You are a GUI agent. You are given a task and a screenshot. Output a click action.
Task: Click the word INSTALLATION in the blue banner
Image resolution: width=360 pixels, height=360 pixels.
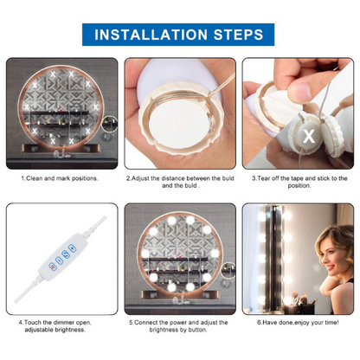click(x=151, y=35)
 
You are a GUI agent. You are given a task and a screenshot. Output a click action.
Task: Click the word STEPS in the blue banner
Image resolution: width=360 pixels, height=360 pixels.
click(x=238, y=35)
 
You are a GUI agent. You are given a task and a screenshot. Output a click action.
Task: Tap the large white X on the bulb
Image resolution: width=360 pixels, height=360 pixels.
click(x=309, y=136)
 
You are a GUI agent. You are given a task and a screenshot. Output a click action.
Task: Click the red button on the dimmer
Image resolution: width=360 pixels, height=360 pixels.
click(x=53, y=267)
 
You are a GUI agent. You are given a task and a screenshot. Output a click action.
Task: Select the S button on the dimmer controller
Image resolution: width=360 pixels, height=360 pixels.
click(x=66, y=254)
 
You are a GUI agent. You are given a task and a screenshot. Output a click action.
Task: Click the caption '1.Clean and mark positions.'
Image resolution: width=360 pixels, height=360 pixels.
click(x=60, y=178)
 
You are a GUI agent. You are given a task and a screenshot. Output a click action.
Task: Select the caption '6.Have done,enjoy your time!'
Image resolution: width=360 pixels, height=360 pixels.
click(x=298, y=322)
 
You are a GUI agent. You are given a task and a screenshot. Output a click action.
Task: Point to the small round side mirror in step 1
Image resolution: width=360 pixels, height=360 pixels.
click(x=110, y=124)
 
